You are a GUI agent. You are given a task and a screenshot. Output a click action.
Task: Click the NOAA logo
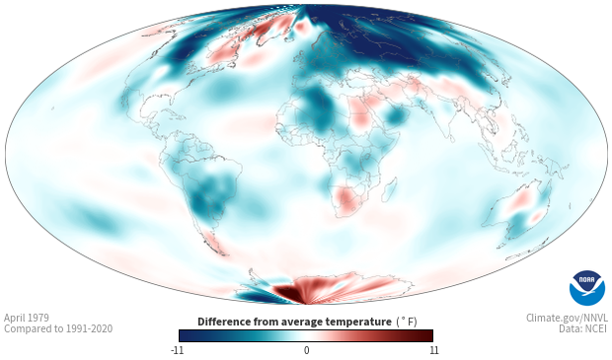[x=587, y=287]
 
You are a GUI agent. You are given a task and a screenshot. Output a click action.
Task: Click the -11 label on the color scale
[x=177, y=350]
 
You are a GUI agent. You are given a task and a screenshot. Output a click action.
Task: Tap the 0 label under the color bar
[x=306, y=350]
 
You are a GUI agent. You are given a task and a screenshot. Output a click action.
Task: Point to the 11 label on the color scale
[x=433, y=350]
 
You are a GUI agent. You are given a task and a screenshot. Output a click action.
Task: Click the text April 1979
[x=27, y=318]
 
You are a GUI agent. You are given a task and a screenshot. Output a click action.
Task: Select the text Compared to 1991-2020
[x=58, y=328]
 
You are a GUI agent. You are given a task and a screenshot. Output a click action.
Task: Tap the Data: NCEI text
[x=583, y=328]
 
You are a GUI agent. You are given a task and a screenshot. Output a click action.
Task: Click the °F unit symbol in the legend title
[x=407, y=322]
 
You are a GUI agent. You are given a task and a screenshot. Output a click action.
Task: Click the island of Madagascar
[x=390, y=189]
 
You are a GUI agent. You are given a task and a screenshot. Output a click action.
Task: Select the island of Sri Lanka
[x=451, y=138]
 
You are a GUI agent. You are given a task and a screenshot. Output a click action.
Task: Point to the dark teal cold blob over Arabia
[x=396, y=115]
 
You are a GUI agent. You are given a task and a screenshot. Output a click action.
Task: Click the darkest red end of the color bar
[x=428, y=335]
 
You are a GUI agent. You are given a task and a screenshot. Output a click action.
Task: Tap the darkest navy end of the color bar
[x=184, y=335]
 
